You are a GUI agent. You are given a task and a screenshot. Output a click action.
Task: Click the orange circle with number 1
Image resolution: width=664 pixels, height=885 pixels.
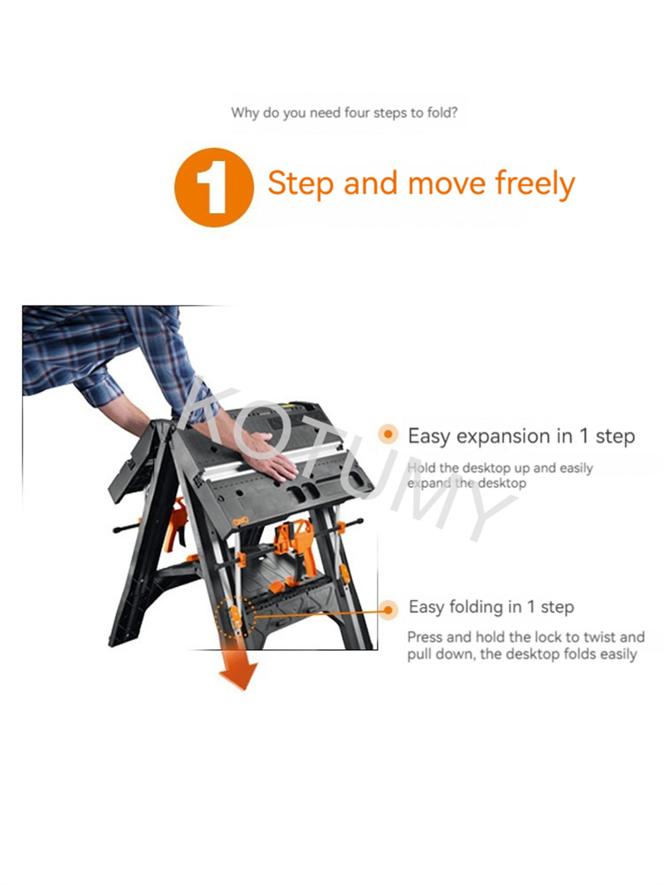click(214, 188)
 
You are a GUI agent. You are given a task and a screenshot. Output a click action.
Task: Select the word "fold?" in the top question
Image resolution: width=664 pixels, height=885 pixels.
click(442, 113)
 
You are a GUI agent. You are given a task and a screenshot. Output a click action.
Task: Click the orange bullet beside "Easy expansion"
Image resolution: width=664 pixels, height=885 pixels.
click(388, 434)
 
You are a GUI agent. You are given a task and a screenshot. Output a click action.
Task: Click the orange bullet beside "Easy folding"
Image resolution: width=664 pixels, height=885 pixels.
click(388, 610)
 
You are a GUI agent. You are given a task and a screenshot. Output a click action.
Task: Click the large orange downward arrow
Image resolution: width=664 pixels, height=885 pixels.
click(238, 669)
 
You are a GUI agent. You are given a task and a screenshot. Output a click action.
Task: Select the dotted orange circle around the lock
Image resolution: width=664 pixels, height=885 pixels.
click(236, 618)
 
